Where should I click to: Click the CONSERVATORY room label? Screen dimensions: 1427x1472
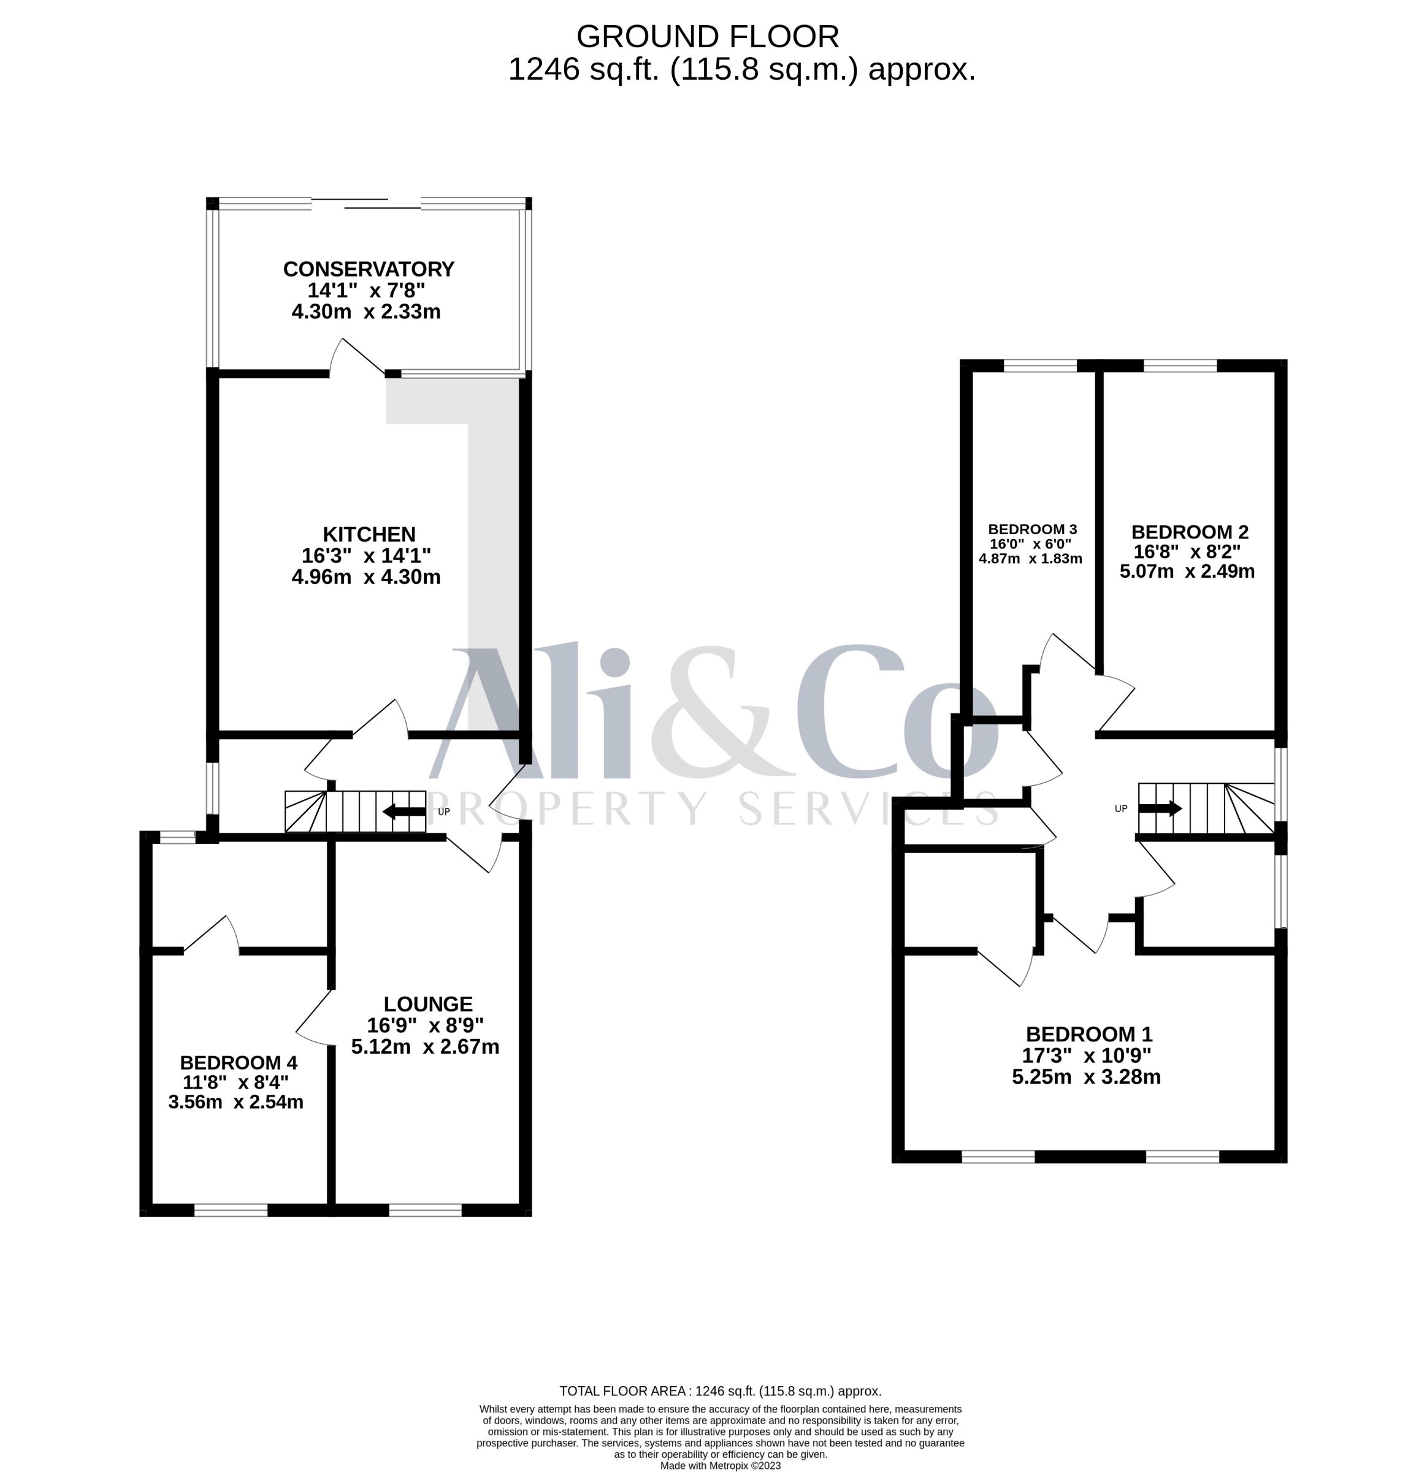[368, 269]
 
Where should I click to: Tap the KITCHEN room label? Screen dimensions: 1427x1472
[369, 534]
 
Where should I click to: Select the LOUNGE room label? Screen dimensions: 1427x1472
[428, 1004]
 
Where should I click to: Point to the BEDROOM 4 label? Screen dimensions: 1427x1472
[238, 1063]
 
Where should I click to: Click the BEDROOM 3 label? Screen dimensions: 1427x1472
[1032, 529]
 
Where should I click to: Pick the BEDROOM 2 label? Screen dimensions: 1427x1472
[1190, 532]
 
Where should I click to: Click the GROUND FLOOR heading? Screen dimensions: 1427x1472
[708, 36]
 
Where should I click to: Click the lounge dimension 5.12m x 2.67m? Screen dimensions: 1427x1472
[425, 1046]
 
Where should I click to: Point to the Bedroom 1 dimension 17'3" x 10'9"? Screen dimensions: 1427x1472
[1087, 1055]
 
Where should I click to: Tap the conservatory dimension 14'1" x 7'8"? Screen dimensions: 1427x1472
[367, 290]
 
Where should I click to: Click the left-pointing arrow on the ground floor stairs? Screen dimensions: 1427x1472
[404, 811]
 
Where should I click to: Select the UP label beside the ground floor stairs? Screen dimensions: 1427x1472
[444, 812]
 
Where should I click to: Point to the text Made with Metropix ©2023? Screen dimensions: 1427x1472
[721, 1465]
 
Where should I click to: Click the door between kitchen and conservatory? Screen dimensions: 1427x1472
[358, 357]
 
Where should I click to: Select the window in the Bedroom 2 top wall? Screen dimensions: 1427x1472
[1180, 366]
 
